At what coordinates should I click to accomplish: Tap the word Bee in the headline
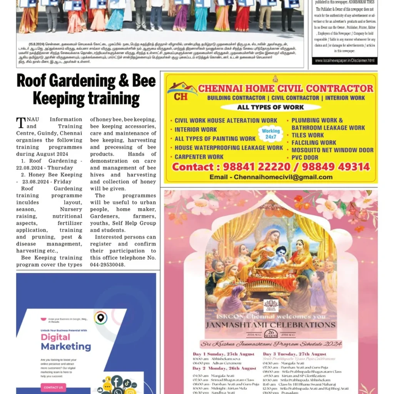144,81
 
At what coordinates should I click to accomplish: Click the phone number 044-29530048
108,265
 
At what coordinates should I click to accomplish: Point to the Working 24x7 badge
271,134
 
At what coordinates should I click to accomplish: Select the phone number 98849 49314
336,167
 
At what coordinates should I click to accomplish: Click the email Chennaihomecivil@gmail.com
283,177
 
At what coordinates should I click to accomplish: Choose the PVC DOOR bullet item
305,157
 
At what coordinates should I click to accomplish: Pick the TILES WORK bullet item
307,135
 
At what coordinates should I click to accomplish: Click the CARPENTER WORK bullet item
199,157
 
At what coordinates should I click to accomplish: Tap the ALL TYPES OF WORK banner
270,107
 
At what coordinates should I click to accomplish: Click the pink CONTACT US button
53,387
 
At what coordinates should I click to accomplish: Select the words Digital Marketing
66,342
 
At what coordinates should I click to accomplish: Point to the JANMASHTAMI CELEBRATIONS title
270,325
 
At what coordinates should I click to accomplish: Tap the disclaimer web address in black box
344,60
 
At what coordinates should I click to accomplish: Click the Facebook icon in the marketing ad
117,382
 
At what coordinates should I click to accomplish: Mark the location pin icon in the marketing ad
101,318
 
